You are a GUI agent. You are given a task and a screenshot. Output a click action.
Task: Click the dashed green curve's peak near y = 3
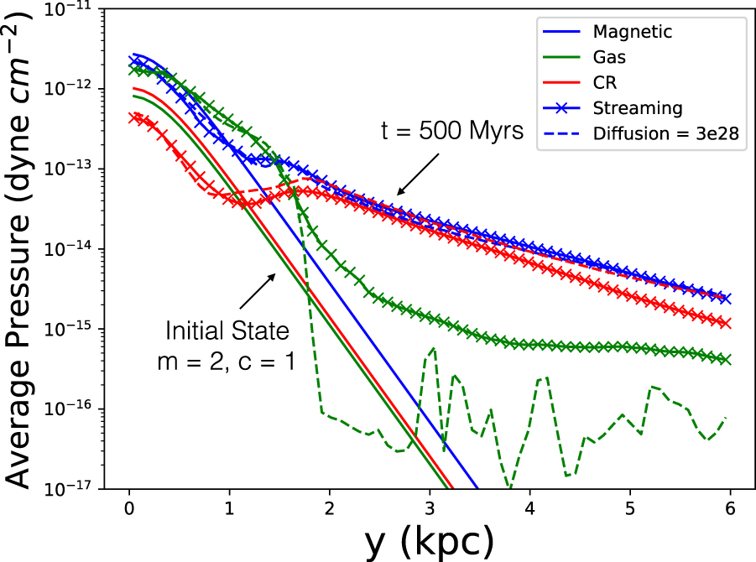click(432, 348)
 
